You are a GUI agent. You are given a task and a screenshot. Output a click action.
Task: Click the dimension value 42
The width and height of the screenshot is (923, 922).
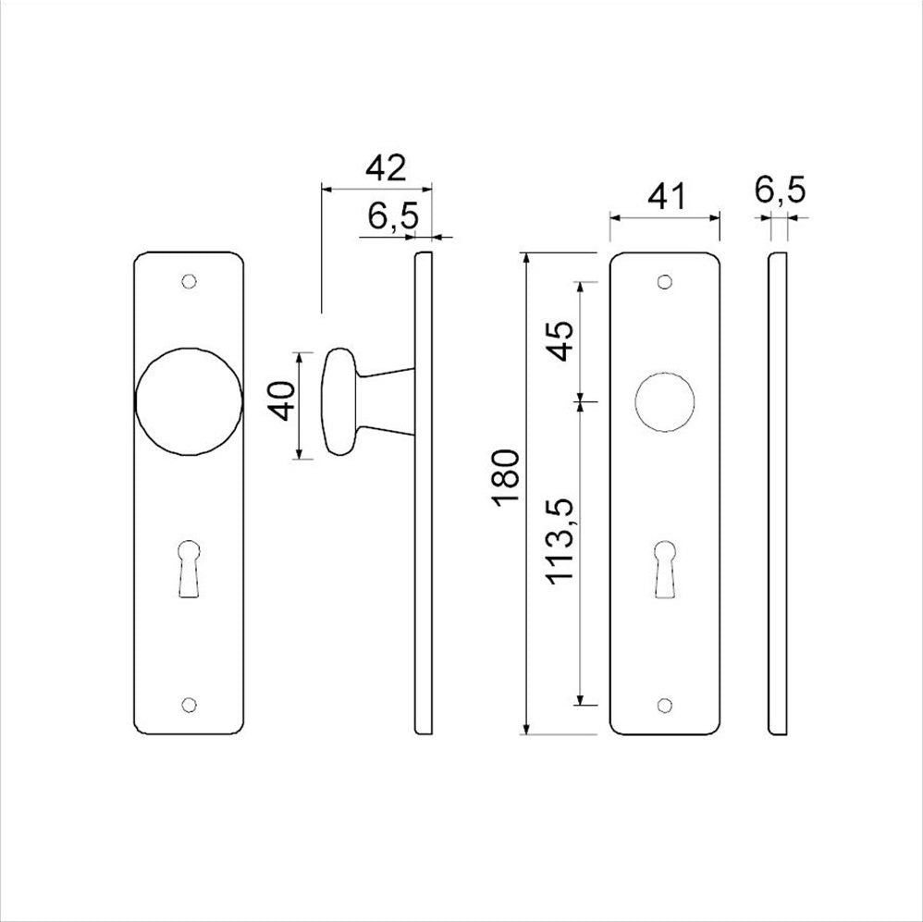click(386, 168)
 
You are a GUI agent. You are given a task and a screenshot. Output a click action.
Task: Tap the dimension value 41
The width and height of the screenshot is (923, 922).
click(666, 197)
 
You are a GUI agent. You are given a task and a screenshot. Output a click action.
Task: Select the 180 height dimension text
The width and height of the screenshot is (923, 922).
click(506, 475)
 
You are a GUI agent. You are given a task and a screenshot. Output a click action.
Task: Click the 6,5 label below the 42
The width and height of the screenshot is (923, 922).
click(394, 216)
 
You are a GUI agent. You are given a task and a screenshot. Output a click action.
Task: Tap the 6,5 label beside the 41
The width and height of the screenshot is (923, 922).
click(780, 191)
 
